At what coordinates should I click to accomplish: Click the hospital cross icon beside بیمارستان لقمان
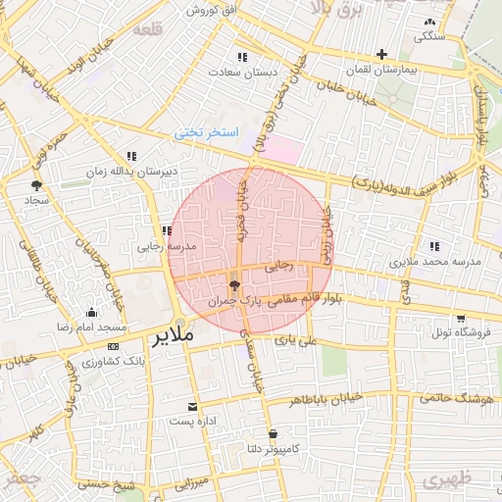tap(381, 54)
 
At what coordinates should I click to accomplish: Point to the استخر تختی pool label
tap(207, 131)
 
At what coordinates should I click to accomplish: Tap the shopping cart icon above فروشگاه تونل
tap(460, 317)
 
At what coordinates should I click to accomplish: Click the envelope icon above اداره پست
tap(192, 406)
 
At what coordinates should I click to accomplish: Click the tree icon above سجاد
tap(37, 183)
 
